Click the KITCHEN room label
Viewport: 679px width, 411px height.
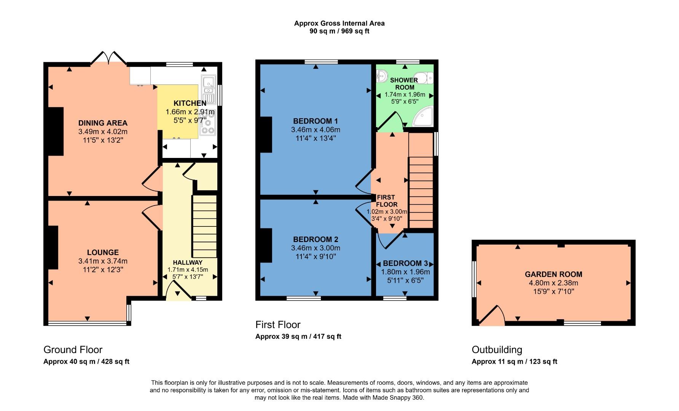click(x=190, y=103)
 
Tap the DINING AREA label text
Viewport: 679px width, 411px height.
click(x=103, y=123)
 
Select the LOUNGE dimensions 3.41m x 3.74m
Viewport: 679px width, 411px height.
click(x=103, y=261)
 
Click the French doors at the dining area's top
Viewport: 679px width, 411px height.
click(x=109, y=58)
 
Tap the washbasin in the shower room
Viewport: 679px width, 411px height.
click(x=381, y=77)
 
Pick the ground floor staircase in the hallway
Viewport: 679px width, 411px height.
click(x=204, y=226)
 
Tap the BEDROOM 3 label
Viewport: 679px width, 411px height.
click(x=405, y=263)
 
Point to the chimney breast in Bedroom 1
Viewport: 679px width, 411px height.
click(x=266, y=134)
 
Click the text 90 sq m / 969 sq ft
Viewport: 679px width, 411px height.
click(x=339, y=31)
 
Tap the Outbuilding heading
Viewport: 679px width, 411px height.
click(x=497, y=349)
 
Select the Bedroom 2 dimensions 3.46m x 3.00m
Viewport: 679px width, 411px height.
click(x=316, y=248)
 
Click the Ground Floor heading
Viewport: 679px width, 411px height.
click(x=73, y=349)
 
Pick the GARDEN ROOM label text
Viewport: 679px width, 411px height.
click(x=553, y=274)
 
